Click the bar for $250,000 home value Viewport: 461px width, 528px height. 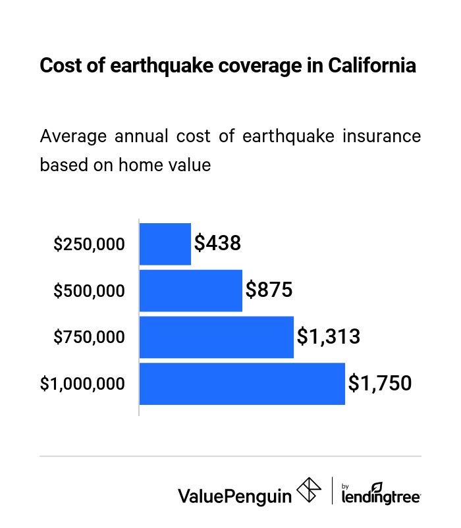coord(165,244)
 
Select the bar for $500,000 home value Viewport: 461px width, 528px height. coord(191,290)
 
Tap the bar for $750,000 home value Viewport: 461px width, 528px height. coord(217,337)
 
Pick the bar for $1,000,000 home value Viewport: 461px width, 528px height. coord(242,384)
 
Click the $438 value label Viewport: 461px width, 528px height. coord(218,244)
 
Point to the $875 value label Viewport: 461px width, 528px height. coord(269,290)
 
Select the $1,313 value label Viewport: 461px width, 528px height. coord(328,337)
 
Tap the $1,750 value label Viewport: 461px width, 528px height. coord(379,383)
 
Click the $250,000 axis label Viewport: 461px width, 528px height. coord(89,245)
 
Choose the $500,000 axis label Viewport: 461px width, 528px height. coord(89,291)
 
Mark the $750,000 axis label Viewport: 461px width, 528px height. coord(89,338)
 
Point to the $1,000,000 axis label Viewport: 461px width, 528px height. coord(82,384)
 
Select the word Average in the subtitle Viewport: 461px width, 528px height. coord(72,136)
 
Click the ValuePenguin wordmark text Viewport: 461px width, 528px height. coord(234,495)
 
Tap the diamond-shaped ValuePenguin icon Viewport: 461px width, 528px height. coord(309,490)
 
